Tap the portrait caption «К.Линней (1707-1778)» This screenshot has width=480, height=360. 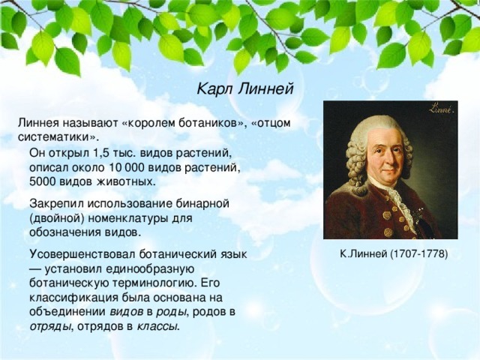(393, 254)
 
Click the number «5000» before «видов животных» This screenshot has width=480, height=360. (43, 181)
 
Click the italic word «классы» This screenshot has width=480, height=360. (157, 326)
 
